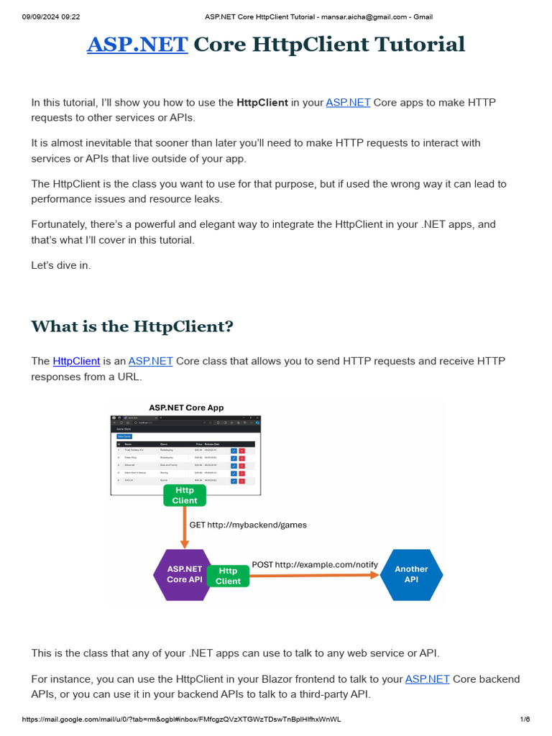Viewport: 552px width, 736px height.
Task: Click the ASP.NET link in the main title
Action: [x=137, y=45]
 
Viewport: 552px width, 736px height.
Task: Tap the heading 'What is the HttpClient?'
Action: [x=132, y=326]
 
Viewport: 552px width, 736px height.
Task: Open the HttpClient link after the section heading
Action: [x=76, y=361]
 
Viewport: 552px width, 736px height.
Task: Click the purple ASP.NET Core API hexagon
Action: [x=184, y=574]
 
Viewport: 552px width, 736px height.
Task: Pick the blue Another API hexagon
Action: [x=411, y=574]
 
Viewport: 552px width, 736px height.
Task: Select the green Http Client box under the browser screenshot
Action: [x=185, y=495]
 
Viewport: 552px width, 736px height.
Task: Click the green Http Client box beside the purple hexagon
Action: [x=228, y=576]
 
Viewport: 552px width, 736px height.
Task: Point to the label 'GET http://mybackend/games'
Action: [x=248, y=525]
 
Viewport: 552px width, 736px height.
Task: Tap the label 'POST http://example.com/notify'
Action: [x=315, y=564]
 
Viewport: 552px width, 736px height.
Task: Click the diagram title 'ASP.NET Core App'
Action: [x=186, y=408]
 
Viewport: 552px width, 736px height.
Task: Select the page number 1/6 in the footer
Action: [x=525, y=719]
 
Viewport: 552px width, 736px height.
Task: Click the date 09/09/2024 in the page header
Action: [x=41, y=17]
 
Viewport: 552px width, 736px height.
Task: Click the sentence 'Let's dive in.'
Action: [x=61, y=265]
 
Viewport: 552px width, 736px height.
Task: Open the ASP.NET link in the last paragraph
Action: [x=427, y=679]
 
